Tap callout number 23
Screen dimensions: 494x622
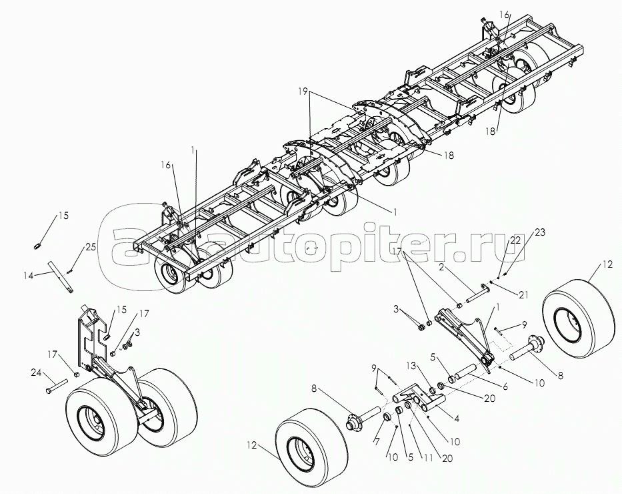pos(540,233)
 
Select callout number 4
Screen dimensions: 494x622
pos(455,420)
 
